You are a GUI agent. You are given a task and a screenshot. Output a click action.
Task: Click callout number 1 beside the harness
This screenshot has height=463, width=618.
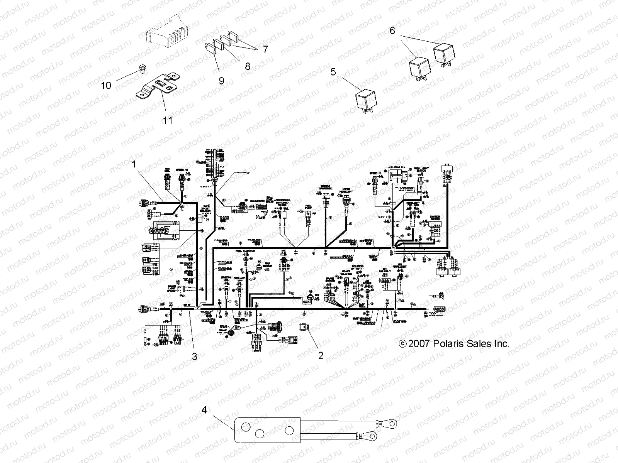tap(134, 164)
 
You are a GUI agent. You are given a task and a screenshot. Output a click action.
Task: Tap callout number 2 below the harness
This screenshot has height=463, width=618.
tap(320, 355)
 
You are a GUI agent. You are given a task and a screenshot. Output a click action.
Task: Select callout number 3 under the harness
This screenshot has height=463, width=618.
tap(195, 357)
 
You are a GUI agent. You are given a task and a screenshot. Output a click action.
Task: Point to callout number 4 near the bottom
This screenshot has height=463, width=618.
tap(204, 409)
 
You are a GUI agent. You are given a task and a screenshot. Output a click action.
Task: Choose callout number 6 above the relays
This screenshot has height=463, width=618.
tap(392, 30)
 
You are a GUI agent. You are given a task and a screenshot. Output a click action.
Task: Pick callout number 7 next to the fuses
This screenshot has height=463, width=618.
tap(265, 49)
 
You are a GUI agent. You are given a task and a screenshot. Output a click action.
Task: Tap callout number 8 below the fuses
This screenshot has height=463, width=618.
tap(248, 66)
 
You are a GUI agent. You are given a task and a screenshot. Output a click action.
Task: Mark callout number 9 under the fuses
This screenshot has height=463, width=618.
tap(221, 80)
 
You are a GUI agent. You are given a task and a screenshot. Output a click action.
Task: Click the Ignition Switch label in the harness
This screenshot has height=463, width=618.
tap(436, 218)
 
